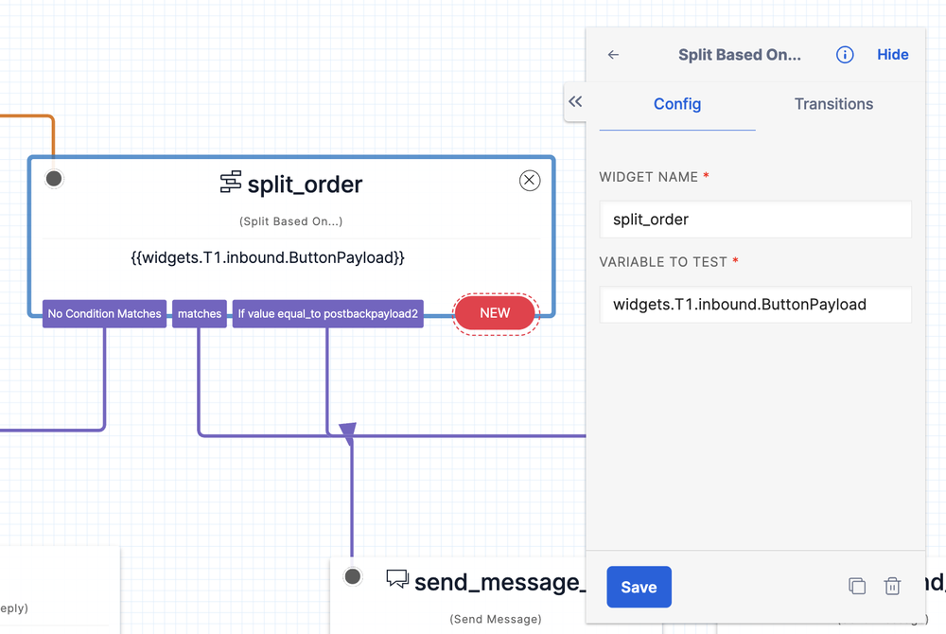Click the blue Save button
(x=639, y=587)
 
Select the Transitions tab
(x=833, y=104)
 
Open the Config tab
(x=677, y=104)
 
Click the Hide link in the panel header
(x=892, y=55)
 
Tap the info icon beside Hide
(x=845, y=55)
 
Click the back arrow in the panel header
(x=613, y=55)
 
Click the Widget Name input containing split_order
(x=755, y=220)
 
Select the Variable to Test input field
(x=755, y=305)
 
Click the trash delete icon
(x=892, y=587)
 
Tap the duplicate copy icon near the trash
(x=857, y=587)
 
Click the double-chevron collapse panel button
(x=575, y=101)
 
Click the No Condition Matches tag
(x=105, y=314)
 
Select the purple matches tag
(x=200, y=314)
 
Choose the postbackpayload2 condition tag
(x=327, y=314)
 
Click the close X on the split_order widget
(x=530, y=181)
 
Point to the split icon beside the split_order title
(x=230, y=183)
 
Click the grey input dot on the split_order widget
(x=54, y=179)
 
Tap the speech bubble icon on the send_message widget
(x=397, y=579)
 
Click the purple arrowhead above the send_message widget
(x=348, y=433)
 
